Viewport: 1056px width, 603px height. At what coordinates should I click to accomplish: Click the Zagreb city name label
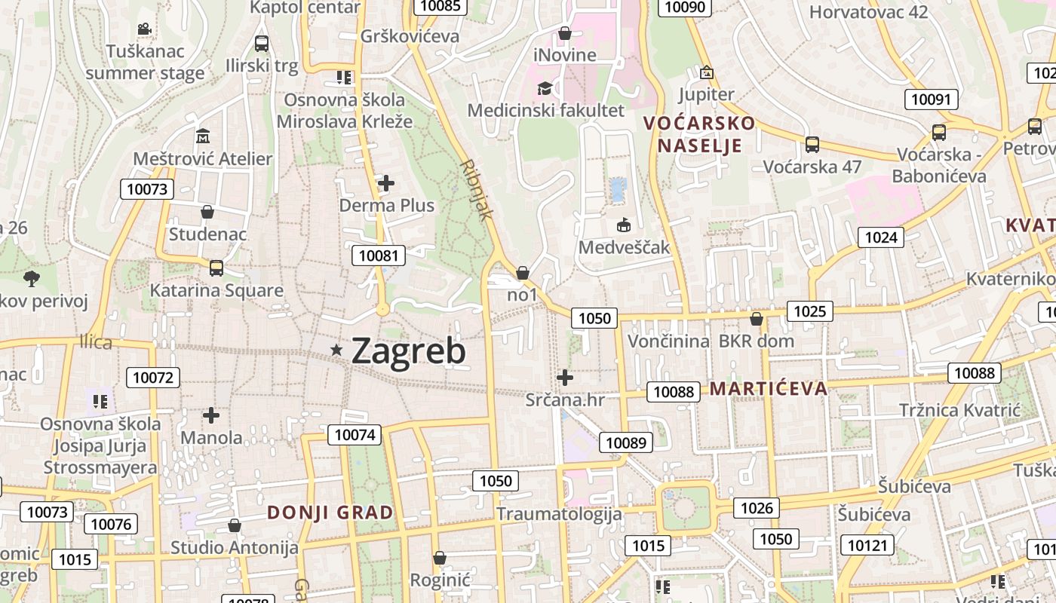408,350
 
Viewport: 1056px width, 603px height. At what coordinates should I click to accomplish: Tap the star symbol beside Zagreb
336,350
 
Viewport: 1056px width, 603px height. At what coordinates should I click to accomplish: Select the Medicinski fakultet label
545,110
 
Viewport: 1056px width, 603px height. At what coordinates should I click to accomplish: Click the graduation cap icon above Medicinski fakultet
544,89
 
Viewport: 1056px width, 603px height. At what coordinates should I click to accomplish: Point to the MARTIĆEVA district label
769,389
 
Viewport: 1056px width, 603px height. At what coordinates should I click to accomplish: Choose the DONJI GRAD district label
330,513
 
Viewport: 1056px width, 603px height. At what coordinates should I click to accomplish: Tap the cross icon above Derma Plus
386,183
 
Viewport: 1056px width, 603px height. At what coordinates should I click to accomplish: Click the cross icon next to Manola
211,415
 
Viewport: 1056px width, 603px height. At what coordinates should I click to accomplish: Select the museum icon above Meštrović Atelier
203,137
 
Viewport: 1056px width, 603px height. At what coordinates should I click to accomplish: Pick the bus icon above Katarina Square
216,268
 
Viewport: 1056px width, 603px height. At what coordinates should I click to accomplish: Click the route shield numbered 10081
378,256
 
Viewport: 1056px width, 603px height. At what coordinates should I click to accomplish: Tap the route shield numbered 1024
880,238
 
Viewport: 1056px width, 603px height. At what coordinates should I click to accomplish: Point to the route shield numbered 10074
355,434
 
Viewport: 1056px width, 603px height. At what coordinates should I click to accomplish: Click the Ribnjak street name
477,189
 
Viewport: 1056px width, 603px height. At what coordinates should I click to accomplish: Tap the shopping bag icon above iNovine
564,34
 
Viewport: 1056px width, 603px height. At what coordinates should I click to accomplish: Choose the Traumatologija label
559,514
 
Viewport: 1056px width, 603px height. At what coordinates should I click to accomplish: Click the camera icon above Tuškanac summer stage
144,29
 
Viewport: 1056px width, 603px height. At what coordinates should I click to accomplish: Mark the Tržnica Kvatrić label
959,410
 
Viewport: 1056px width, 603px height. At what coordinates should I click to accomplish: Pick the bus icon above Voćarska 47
812,144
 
